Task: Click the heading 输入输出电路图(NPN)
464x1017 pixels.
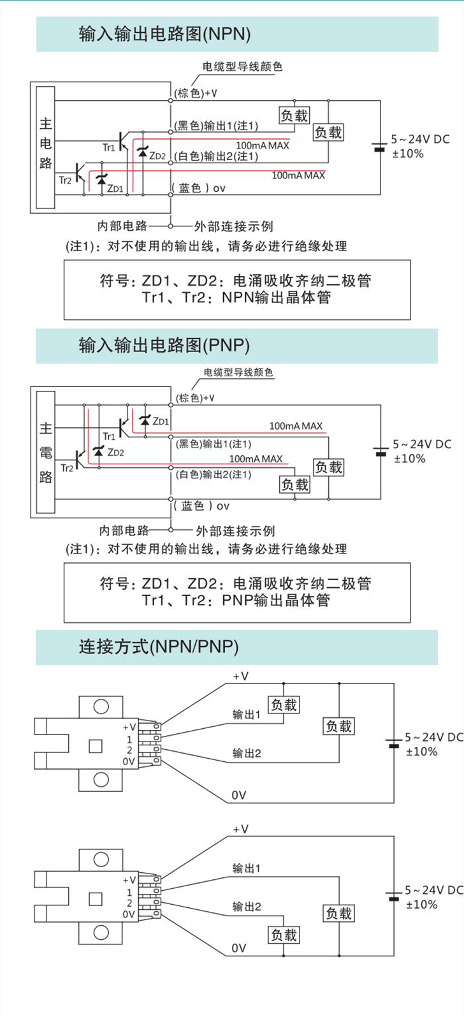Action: [164, 34]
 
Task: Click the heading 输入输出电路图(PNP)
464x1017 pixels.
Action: [164, 345]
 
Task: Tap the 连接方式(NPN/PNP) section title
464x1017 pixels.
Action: [159, 647]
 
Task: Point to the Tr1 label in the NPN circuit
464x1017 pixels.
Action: [109, 147]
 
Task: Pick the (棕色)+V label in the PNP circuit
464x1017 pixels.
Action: [195, 398]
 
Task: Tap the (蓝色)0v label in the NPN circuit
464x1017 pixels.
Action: [200, 188]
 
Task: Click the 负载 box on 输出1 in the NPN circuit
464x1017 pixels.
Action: [294, 115]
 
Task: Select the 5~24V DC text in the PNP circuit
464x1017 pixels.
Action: [422, 444]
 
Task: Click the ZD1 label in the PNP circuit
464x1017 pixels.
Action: [162, 421]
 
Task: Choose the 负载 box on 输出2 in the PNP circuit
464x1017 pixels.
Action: [294, 485]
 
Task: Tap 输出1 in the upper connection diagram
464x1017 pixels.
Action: [247, 715]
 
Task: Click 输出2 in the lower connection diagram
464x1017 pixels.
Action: [247, 906]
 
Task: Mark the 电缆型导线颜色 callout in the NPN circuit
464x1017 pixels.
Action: [242, 66]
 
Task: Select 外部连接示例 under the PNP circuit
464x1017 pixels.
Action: [235, 530]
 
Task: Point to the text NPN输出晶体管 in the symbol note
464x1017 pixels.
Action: [277, 298]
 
